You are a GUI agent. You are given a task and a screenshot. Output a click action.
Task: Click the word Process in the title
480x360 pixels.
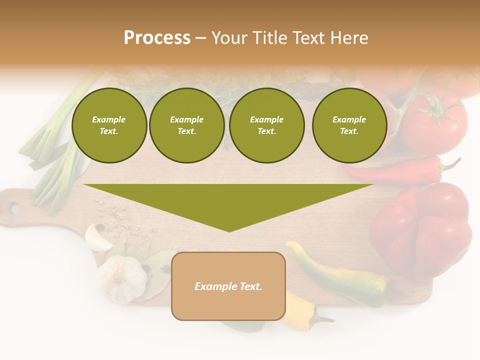click(157, 38)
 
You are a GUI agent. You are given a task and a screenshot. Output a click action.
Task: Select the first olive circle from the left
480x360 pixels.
click(109, 125)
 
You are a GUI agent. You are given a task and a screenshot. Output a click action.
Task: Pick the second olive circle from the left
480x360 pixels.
click(186, 125)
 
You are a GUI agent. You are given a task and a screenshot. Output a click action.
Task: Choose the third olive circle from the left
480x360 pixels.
click(266, 125)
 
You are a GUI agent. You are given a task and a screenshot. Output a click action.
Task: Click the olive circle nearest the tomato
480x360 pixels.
click(349, 125)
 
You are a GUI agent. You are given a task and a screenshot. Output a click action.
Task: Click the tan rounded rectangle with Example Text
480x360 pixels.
click(228, 286)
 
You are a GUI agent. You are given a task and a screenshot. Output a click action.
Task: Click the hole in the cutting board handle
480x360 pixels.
click(14, 208)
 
